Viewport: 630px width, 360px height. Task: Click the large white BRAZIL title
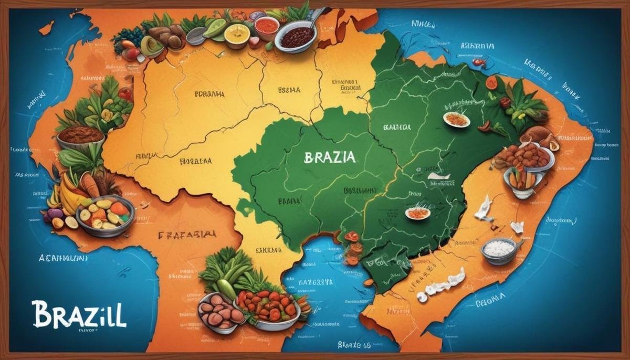click(x=79, y=314)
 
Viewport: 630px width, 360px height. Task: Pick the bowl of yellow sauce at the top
click(x=236, y=34)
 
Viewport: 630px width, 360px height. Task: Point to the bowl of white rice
click(x=499, y=250)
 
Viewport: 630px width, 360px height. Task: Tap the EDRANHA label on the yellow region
click(x=209, y=94)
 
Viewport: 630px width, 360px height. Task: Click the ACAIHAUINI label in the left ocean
click(x=63, y=258)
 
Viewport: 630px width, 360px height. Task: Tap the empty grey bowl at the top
click(x=196, y=36)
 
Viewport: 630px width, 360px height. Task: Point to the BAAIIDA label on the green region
click(x=397, y=127)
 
